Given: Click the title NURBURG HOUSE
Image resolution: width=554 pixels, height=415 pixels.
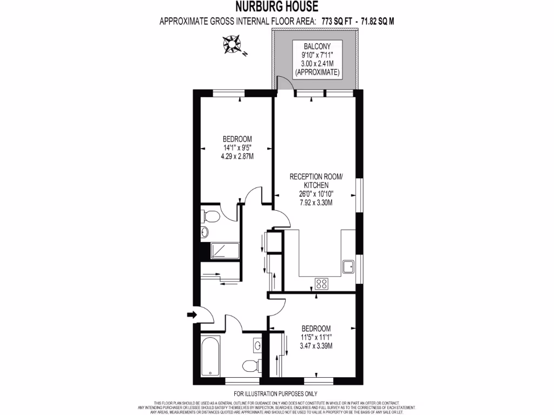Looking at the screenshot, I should (x=276, y=7).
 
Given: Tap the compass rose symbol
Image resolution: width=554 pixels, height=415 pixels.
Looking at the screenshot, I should (x=233, y=44).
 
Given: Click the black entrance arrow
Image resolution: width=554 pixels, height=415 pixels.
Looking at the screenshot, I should (x=192, y=314).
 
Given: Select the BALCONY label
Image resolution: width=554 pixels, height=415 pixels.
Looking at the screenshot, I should (x=316, y=46).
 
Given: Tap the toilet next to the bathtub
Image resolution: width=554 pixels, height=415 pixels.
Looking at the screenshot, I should (x=251, y=366).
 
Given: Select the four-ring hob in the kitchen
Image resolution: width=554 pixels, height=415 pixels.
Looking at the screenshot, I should (x=321, y=283).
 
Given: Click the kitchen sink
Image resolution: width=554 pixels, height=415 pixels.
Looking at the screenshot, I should (x=348, y=266).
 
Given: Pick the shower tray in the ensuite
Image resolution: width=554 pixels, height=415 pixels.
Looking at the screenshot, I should (x=225, y=251).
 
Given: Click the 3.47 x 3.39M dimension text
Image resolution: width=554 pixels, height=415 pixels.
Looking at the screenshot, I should (x=316, y=346).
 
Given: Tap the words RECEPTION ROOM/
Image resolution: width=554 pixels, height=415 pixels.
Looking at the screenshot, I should (x=316, y=177).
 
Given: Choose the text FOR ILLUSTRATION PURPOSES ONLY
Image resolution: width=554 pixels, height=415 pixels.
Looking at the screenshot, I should (x=275, y=394).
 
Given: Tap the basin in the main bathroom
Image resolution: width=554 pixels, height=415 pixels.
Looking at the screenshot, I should (x=257, y=344).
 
